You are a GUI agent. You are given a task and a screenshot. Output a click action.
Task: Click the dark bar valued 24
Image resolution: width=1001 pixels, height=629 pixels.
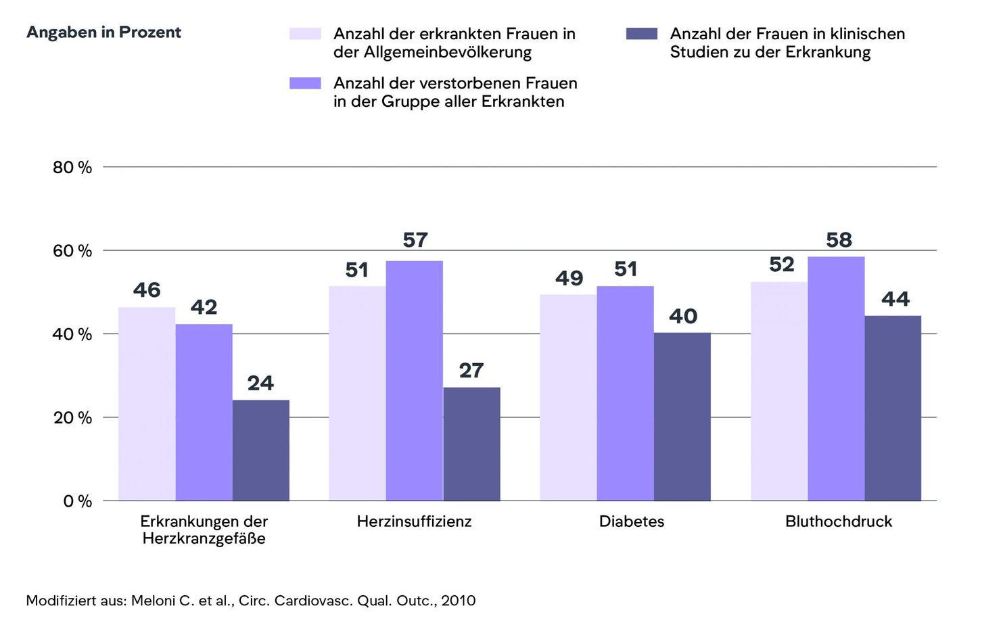(x=261, y=450)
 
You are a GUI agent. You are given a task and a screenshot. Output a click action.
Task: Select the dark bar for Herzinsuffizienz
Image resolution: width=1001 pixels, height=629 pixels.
(x=471, y=444)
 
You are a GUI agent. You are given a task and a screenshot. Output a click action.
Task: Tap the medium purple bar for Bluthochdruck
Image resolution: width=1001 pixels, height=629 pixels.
(x=836, y=379)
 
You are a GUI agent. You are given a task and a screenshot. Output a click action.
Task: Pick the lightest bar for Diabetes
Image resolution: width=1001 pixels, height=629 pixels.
(x=568, y=398)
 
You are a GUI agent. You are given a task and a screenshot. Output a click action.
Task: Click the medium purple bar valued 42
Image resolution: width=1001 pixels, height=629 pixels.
(x=204, y=413)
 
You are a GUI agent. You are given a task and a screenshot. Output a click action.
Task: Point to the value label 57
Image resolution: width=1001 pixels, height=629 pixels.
(x=415, y=240)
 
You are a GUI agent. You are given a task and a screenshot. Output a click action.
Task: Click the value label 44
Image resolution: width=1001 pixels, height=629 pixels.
(x=895, y=299)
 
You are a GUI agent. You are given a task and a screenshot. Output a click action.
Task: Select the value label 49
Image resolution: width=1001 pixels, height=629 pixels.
(x=569, y=278)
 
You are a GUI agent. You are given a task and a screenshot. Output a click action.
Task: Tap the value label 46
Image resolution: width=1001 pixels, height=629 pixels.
(x=147, y=290)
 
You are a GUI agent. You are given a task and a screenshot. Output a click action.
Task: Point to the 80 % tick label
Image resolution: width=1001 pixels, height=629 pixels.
(x=72, y=168)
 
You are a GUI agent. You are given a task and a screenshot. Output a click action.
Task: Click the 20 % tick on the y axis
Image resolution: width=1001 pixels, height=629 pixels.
(x=72, y=418)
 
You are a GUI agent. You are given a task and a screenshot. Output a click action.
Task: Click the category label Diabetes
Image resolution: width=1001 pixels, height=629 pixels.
(x=632, y=521)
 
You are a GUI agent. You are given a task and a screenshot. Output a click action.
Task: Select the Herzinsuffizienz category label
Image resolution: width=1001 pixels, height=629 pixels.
(x=414, y=521)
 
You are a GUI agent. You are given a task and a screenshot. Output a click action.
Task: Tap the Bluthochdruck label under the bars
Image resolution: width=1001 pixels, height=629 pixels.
(x=839, y=521)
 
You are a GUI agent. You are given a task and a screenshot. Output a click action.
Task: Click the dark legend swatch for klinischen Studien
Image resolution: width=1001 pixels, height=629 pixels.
(x=642, y=34)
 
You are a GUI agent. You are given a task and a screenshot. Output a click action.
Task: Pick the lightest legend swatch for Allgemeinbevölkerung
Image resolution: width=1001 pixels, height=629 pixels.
(x=305, y=34)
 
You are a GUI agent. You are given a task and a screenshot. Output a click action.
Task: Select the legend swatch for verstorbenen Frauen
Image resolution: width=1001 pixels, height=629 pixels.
(x=305, y=83)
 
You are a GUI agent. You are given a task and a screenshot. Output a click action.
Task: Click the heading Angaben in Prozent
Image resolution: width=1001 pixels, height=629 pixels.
(x=103, y=32)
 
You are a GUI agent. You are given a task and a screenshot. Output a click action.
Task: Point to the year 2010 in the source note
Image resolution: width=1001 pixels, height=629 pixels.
(x=459, y=601)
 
